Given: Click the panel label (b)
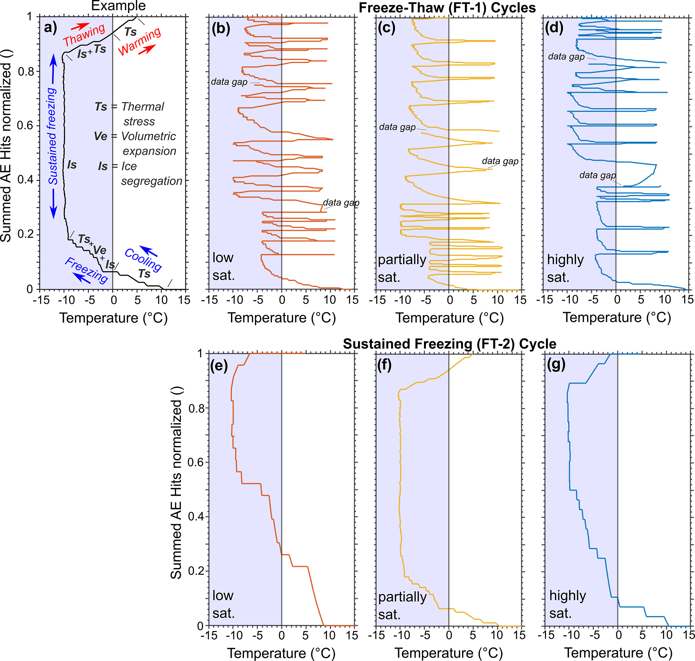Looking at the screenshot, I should click(221, 29).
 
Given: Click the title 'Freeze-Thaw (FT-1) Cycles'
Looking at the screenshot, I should click(447, 8).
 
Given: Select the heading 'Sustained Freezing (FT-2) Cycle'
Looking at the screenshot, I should click(450, 344).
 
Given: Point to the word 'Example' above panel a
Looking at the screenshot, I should click(118, 6).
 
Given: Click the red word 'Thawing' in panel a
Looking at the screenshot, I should click(84, 35).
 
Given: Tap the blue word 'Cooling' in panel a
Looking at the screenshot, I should click(143, 260).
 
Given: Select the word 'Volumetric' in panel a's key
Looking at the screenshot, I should click(148, 136).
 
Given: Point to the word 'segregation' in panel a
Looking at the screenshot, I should click(152, 181).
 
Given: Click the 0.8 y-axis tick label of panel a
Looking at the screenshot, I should click(26, 72).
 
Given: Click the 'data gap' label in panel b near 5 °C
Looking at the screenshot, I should click(341, 203).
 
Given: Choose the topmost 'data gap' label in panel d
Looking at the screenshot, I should click(566, 57).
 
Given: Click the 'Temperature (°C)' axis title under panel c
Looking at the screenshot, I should click(450, 318).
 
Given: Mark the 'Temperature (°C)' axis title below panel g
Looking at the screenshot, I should click(618, 653).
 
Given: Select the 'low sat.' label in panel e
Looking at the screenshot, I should click(223, 604).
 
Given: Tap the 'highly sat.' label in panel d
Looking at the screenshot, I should click(565, 268).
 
